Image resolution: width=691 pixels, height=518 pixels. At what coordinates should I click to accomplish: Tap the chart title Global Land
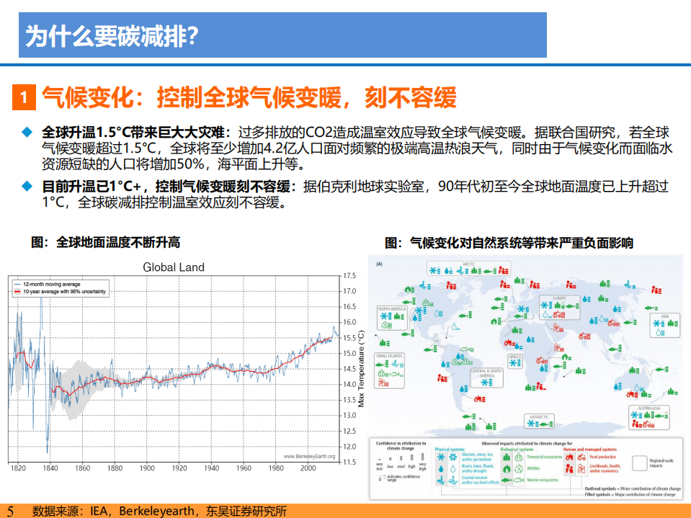[x=173, y=267]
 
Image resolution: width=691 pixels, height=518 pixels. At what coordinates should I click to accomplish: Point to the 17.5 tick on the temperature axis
[x=349, y=276]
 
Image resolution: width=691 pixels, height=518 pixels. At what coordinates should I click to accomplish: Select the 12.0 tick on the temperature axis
[x=349, y=446]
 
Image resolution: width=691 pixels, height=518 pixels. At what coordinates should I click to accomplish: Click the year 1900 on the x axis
[x=147, y=468]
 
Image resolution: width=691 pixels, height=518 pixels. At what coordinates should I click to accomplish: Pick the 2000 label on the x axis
[x=308, y=468]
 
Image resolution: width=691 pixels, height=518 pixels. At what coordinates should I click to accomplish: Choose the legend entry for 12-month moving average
[x=51, y=285]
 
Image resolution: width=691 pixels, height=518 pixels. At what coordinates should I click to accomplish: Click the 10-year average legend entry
[x=64, y=292]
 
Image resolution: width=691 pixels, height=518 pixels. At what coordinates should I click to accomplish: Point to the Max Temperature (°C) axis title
[x=362, y=369]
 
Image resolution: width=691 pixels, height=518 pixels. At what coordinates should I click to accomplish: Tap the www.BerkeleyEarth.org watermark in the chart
[x=310, y=456]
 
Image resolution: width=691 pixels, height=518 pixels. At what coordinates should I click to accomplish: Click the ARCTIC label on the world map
[x=468, y=264]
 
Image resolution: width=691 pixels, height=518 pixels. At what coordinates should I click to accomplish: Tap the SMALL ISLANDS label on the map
[x=390, y=356]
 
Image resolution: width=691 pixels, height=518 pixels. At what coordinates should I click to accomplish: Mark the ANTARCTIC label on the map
[x=539, y=417]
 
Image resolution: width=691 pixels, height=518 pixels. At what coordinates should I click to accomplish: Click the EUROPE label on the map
[x=559, y=298]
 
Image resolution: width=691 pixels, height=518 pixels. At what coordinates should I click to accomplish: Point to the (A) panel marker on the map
[x=379, y=264]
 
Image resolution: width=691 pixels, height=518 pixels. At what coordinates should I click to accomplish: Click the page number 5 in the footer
[x=10, y=510]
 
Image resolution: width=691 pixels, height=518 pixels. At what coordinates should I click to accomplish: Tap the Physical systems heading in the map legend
[x=450, y=450]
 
